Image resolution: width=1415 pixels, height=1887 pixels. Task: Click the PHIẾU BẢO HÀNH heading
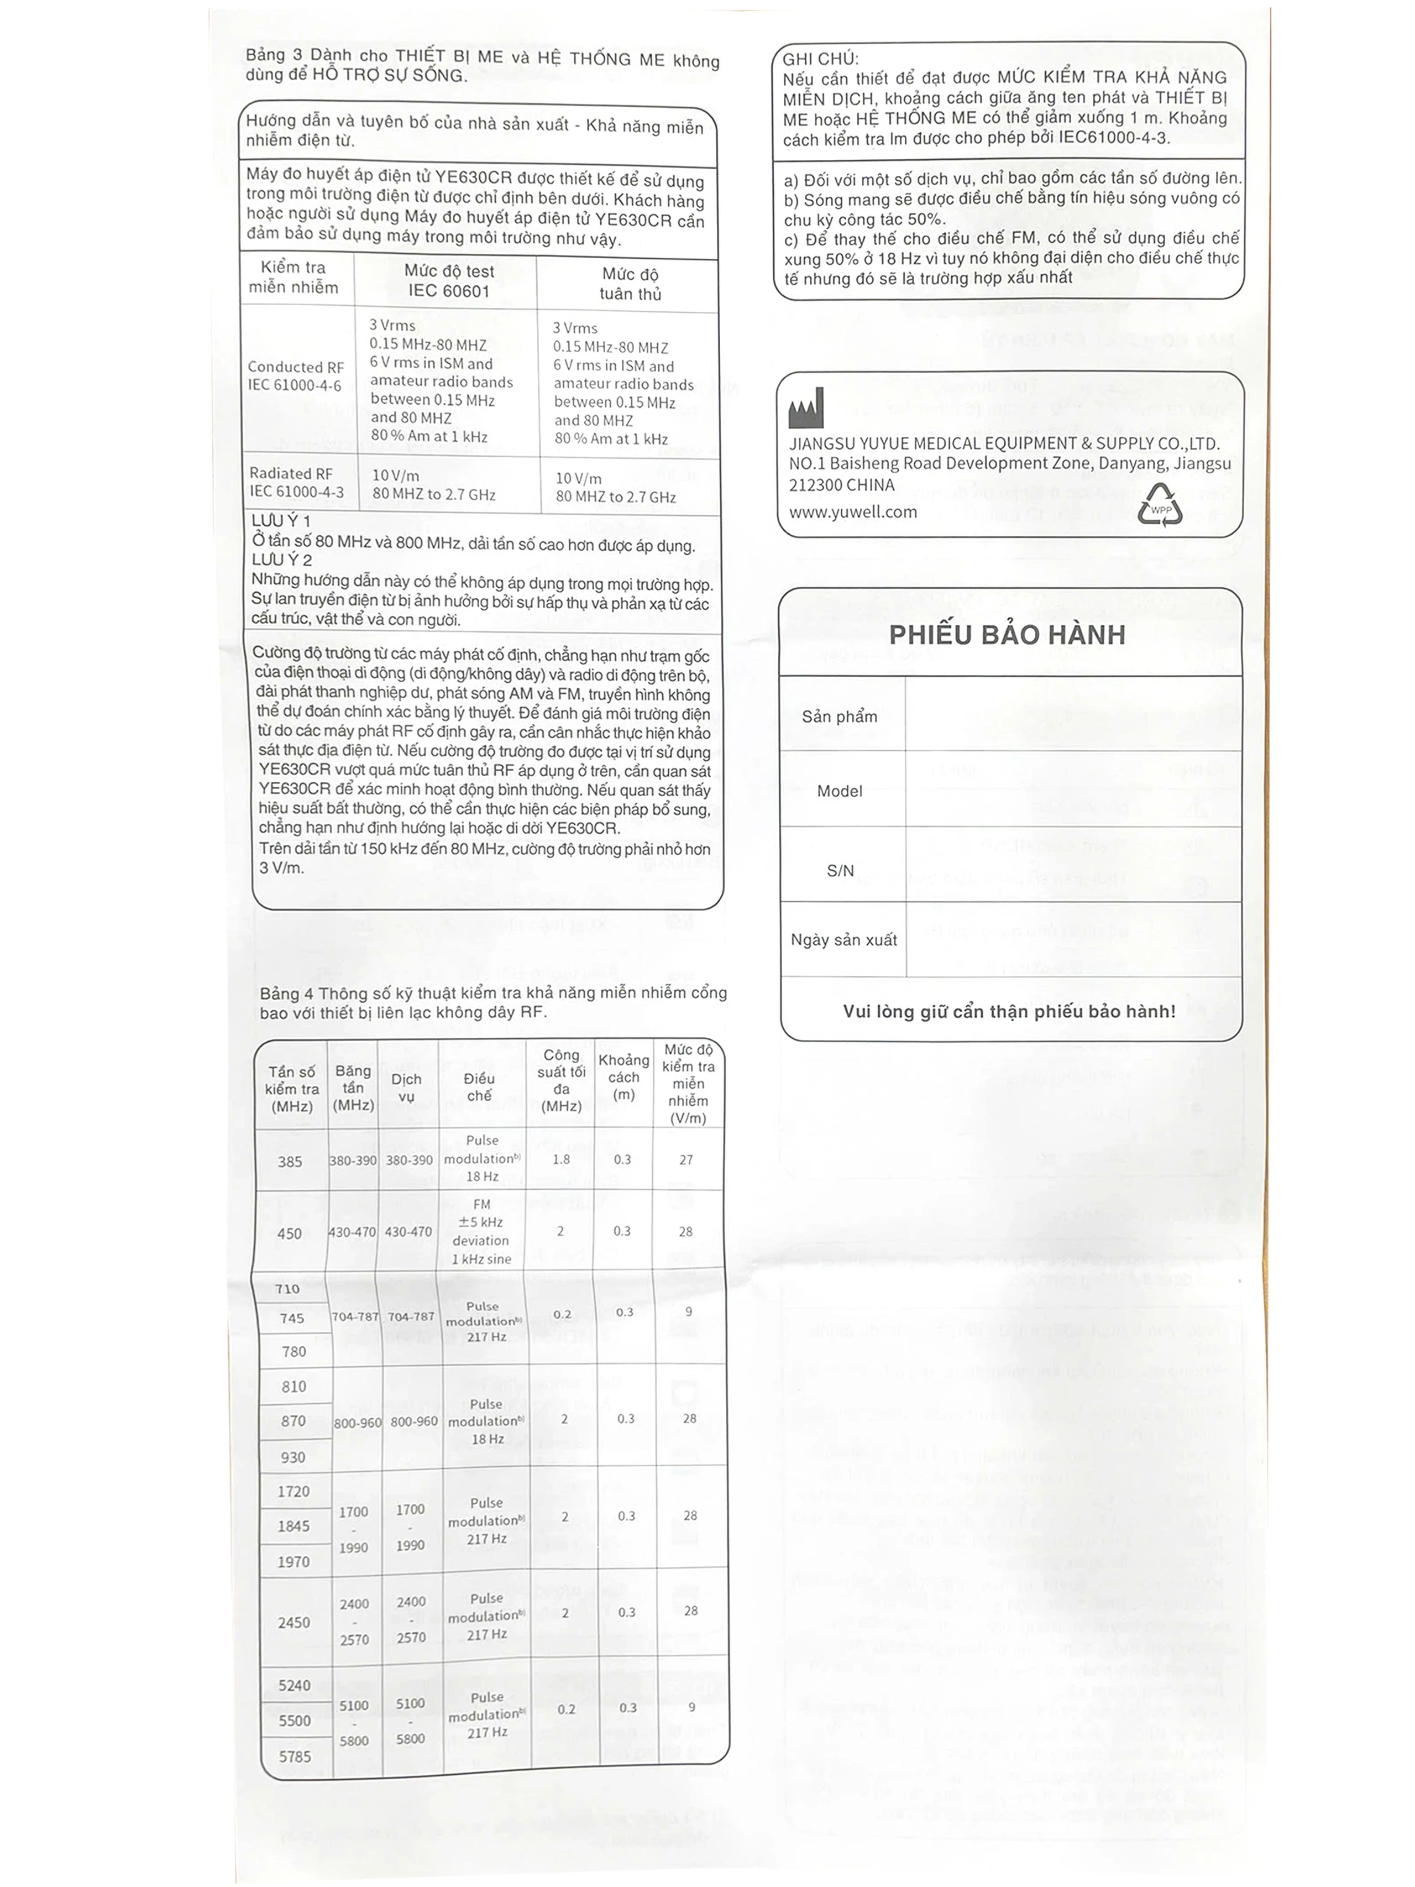pos(1007,635)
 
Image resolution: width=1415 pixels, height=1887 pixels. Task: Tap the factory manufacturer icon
pos(806,409)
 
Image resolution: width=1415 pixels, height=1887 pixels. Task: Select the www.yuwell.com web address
pos(853,512)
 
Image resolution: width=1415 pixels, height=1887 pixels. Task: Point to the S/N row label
pos(840,870)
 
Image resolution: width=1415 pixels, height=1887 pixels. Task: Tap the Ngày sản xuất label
pos(843,939)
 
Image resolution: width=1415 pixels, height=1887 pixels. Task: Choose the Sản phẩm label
pos(839,717)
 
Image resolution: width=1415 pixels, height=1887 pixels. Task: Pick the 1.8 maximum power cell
pos(561,1159)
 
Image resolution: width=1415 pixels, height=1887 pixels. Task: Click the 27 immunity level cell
pos(686,1160)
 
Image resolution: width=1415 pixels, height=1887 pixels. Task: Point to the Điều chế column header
pos(479,1087)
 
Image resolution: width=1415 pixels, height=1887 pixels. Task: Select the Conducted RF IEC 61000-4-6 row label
pos(295,376)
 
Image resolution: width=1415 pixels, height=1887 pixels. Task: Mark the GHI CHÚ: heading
pos(820,59)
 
